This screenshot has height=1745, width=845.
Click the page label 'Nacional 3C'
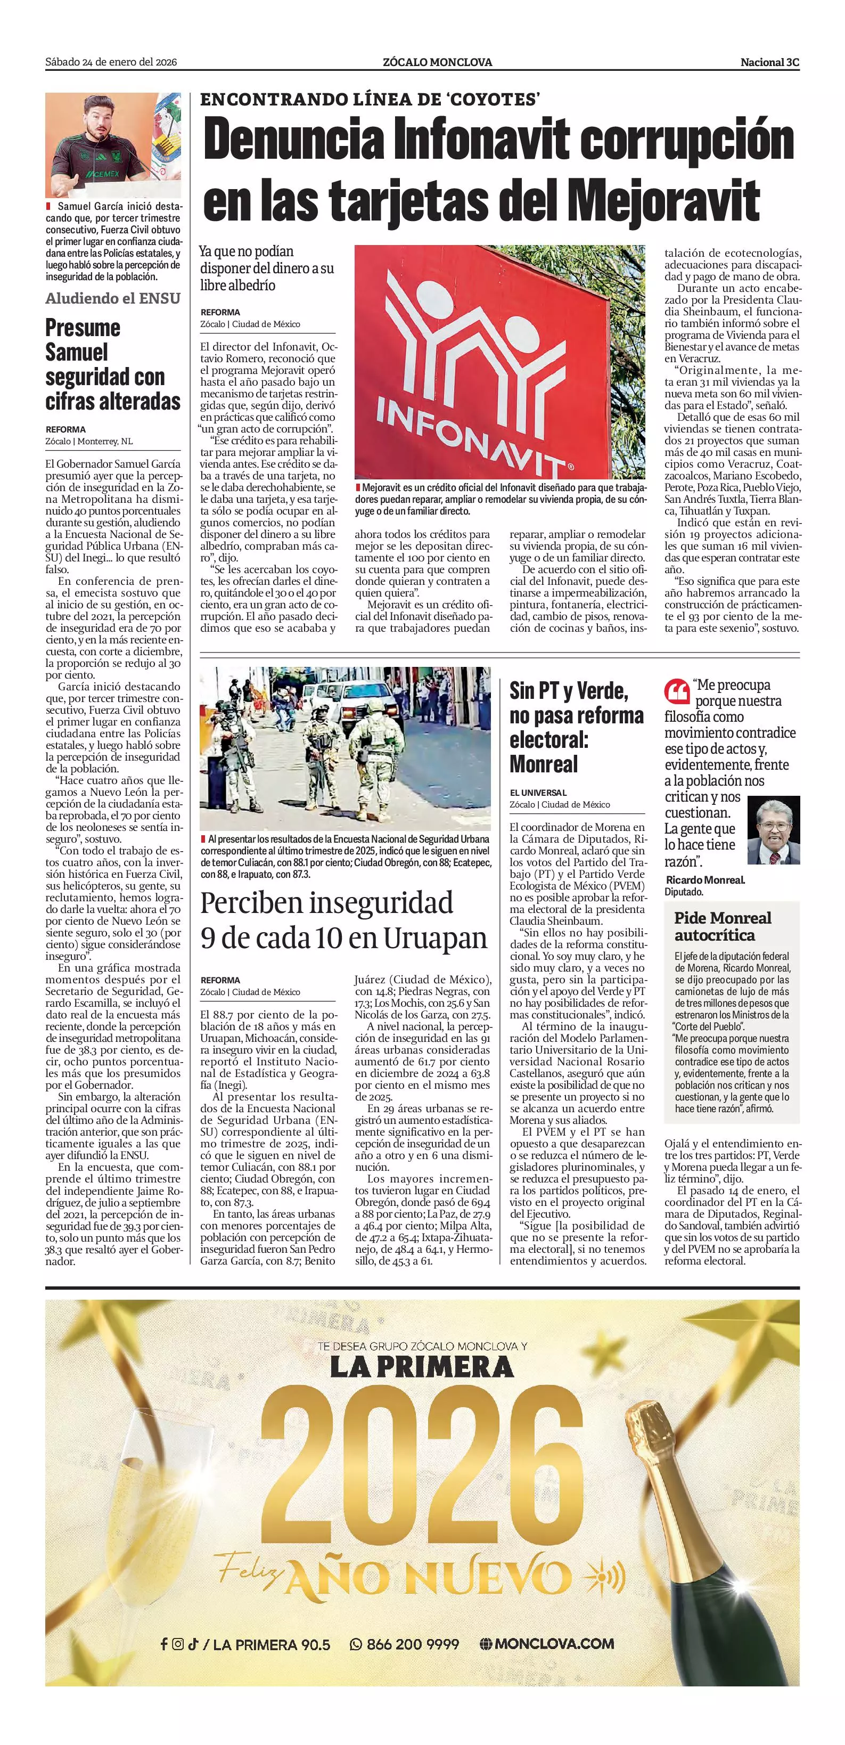click(x=769, y=62)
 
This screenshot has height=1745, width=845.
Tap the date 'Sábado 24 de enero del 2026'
click(x=111, y=62)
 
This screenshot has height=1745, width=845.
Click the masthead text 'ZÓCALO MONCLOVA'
click(x=437, y=62)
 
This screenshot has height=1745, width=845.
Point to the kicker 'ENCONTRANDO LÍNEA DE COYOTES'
click(x=370, y=100)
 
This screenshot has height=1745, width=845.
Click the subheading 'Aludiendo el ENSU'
click(x=112, y=298)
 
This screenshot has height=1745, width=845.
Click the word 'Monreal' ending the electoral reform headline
click(x=544, y=764)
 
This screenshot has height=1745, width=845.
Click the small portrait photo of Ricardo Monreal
click(x=773, y=830)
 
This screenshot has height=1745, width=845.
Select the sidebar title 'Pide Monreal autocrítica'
click(x=723, y=926)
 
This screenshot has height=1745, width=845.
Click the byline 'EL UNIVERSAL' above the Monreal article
click(x=538, y=793)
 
